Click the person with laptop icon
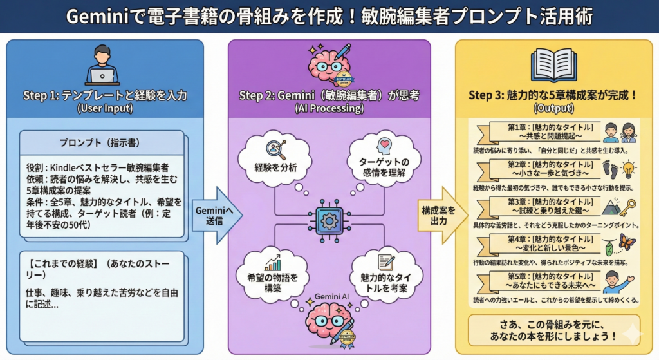click(102, 64)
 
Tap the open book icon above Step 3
click(553, 64)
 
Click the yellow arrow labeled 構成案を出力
click(442, 216)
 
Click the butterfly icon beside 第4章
click(626, 242)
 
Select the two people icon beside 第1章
click(618, 133)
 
